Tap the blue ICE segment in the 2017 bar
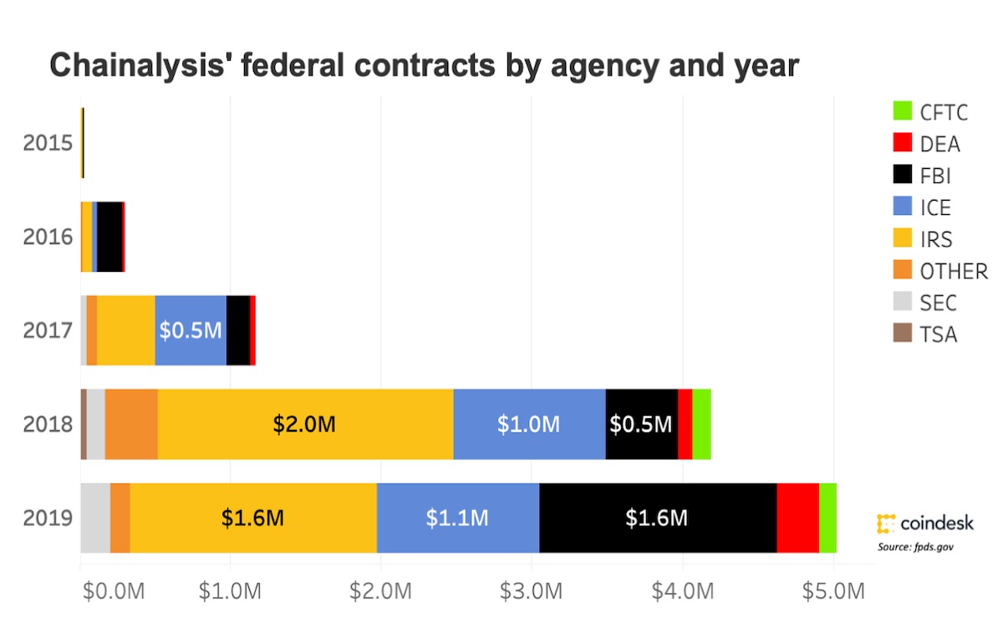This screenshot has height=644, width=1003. click(x=191, y=330)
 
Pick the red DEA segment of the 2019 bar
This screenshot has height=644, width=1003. click(x=797, y=518)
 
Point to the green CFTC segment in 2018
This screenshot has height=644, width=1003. click(x=701, y=424)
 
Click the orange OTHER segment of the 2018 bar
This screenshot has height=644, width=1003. click(x=131, y=424)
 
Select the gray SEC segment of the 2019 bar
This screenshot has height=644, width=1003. click(x=95, y=518)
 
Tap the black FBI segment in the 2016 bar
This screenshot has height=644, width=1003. click(x=109, y=236)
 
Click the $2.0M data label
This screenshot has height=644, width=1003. click(x=304, y=424)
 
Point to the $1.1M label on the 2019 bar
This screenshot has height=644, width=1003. click(x=457, y=518)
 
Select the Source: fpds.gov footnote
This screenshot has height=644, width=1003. click(x=915, y=547)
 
